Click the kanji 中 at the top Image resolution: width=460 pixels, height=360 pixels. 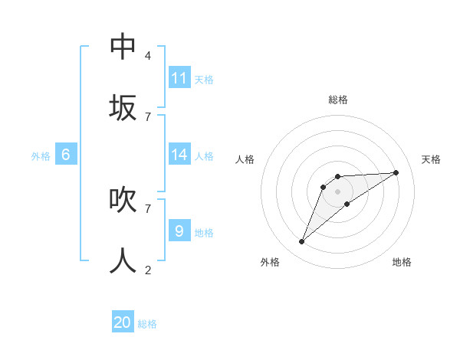tap(123, 46)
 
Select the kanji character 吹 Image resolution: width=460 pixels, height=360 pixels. tap(123, 200)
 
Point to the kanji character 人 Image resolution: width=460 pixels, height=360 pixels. tap(123, 261)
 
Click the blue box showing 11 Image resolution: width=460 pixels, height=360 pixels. tap(179, 78)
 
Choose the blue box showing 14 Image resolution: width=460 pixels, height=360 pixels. tap(179, 155)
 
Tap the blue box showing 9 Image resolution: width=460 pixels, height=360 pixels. tap(179, 231)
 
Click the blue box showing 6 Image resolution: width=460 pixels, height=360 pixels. tap(66, 155)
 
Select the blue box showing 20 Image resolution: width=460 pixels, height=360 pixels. tap(123, 322)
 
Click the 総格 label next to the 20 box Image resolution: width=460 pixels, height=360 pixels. tap(147, 324)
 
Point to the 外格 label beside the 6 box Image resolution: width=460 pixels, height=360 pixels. tap(41, 156)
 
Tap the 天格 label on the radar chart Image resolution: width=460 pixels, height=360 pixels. tap(431, 159)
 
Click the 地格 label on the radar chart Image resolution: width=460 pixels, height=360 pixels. tap(402, 262)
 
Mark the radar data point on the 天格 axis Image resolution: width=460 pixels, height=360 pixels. tap(396, 172)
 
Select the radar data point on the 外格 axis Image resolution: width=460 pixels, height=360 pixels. tap(301, 242)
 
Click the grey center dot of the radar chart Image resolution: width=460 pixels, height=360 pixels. tap(337, 191)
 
